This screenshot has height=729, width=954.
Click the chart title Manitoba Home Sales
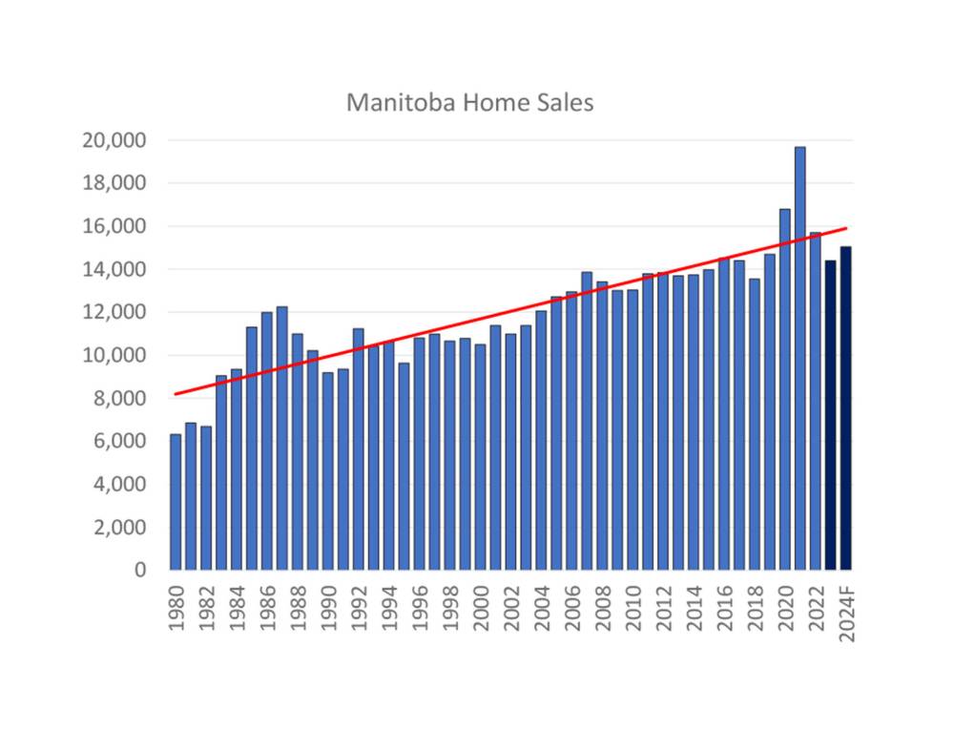pyautogui.click(x=469, y=102)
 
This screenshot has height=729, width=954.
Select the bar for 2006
pyautogui.click(x=571, y=430)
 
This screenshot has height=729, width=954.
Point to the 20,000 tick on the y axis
pyautogui.click(x=114, y=141)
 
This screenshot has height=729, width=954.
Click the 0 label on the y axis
pyautogui.click(x=140, y=570)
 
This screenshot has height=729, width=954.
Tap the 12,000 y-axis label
pyautogui.click(x=114, y=312)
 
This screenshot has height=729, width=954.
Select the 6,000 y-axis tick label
pyautogui.click(x=119, y=441)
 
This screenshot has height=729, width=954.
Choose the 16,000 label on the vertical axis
pyautogui.click(x=114, y=227)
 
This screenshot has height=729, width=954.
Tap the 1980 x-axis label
pyautogui.click(x=176, y=607)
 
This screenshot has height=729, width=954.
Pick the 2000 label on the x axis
pyautogui.click(x=480, y=607)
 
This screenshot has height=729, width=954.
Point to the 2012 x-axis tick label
pyautogui.click(x=663, y=607)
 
